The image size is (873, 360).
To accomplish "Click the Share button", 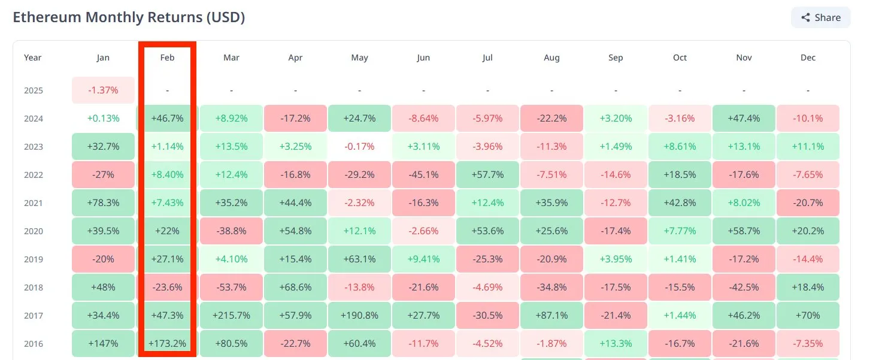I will point(820,17).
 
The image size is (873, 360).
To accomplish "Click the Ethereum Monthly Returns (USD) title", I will point(129,17).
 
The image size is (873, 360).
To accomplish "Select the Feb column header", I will point(167,58).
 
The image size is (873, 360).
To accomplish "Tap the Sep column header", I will point(616,58).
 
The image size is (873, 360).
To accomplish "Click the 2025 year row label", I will point(33,91).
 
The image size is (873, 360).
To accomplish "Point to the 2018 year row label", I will point(33,288).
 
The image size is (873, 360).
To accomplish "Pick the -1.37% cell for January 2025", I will point(103,90).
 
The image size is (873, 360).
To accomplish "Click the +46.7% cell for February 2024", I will point(167,119).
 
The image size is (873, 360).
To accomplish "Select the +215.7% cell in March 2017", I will point(231,316).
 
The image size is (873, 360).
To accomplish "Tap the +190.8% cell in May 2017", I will point(359,316).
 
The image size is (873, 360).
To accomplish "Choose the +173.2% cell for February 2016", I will point(167,344).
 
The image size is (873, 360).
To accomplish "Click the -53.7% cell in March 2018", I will point(231,288).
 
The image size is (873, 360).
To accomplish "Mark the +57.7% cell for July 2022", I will point(487,175).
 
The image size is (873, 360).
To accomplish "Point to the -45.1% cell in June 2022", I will point(423,175).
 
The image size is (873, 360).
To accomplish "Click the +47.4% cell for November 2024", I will point(744,119).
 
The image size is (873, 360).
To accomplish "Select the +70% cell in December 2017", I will point(808,316).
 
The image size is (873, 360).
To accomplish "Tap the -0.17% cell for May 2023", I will point(359,147).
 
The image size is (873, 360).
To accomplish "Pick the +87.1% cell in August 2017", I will point(551,316).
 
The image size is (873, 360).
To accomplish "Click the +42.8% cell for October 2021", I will point(680,203).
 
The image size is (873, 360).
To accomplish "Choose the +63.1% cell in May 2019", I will point(359,259).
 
